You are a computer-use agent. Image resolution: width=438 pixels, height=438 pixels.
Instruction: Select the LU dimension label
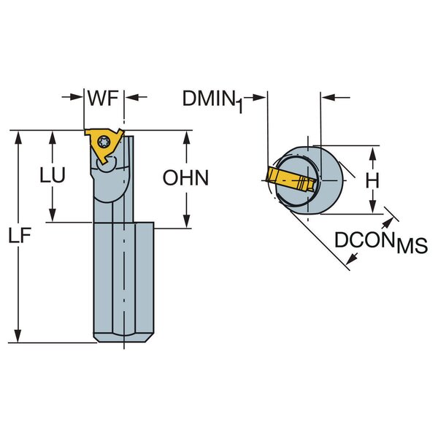point(53,176)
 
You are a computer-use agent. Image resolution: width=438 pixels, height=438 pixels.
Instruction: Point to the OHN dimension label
point(185,177)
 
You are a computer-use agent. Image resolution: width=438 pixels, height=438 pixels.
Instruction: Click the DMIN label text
point(207,96)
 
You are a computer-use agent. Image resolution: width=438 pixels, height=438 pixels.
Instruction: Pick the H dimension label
point(372,180)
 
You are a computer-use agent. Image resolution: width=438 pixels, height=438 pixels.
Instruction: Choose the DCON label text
point(364,239)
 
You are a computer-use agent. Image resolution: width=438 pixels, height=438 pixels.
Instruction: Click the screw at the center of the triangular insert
point(104,142)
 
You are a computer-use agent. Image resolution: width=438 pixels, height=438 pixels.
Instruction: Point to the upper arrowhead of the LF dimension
point(20,137)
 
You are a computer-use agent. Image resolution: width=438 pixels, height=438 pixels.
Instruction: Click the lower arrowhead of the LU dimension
point(53,216)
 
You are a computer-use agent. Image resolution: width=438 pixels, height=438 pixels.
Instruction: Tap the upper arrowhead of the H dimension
point(372,151)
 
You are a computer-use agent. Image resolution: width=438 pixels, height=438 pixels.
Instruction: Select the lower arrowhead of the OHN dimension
point(185,223)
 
